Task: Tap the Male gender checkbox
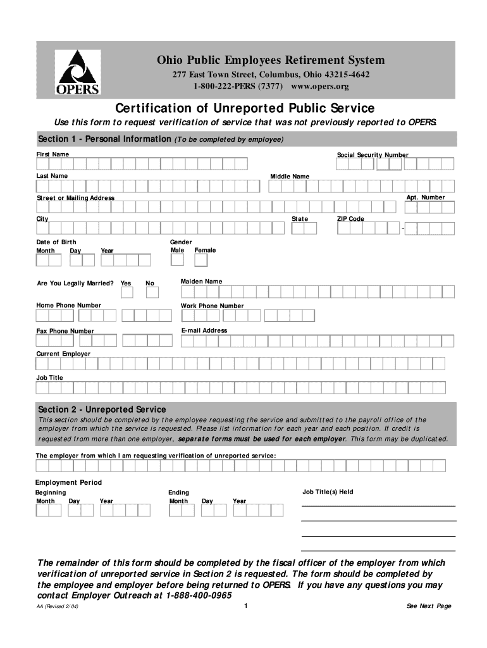click(177, 259)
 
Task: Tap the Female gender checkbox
click(201, 259)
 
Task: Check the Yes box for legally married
click(126, 292)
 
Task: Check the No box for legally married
click(152, 292)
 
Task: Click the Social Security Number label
click(373, 155)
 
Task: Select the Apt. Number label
click(426, 197)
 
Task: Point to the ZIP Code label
click(350, 219)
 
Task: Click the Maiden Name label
click(201, 281)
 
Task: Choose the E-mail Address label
click(204, 330)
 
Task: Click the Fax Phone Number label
click(65, 331)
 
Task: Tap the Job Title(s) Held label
click(328, 492)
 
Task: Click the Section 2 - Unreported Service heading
click(102, 409)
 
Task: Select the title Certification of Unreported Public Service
click(244, 108)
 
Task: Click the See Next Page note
click(429, 606)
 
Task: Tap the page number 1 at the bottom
click(244, 606)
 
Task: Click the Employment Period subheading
click(68, 482)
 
